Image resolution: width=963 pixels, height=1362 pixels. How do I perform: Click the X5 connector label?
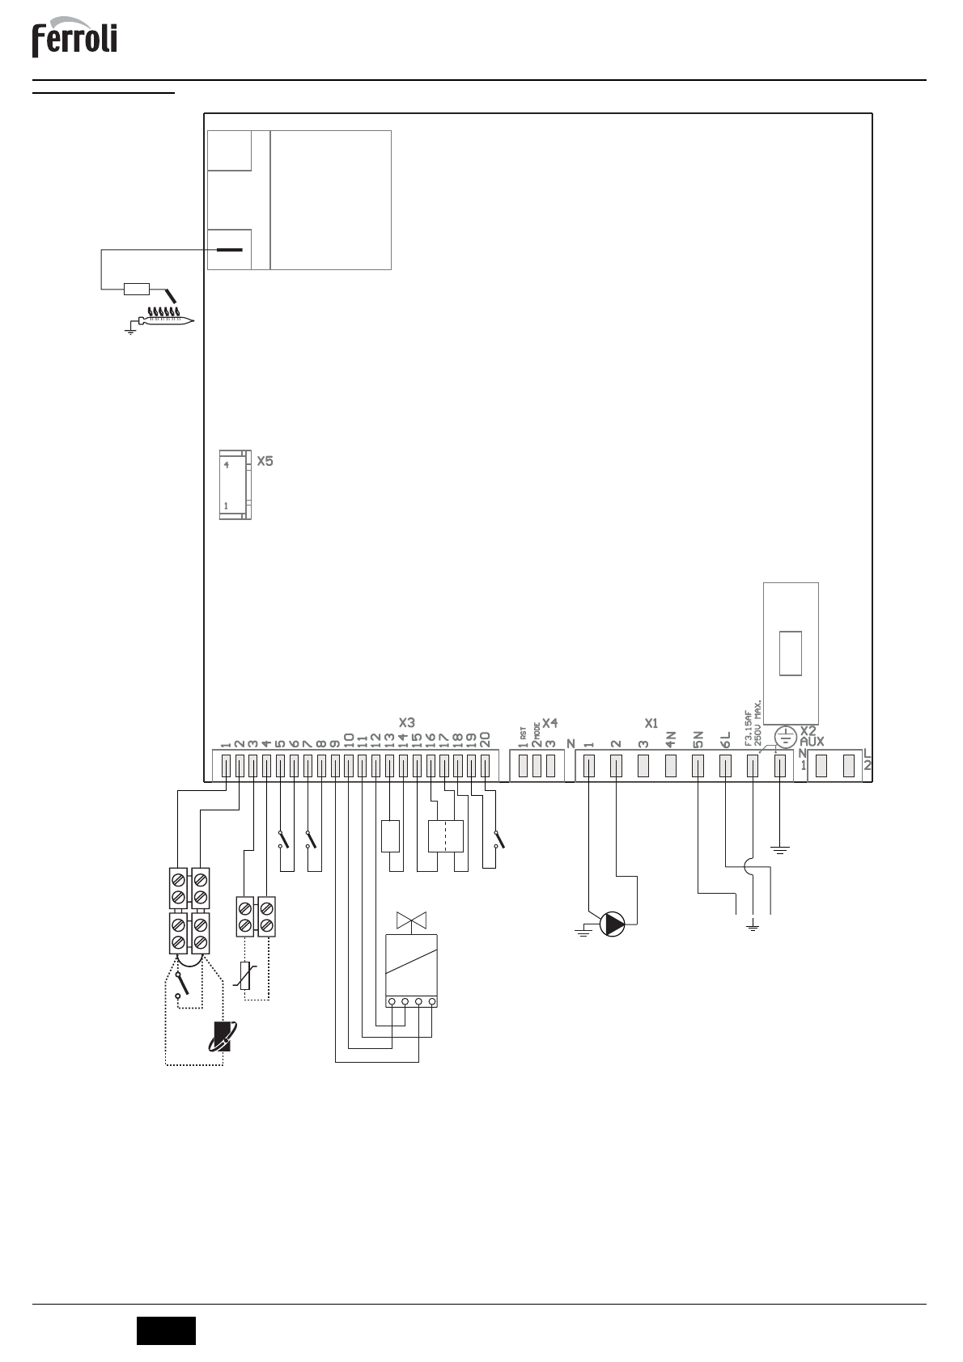[x=265, y=462]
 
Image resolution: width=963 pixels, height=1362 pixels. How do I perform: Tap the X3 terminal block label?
[x=407, y=721]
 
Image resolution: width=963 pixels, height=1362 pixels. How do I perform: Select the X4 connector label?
[x=550, y=721]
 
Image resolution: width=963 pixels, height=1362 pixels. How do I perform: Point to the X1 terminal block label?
[x=651, y=721]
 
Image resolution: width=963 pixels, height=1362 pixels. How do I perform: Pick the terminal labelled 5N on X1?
[x=698, y=765]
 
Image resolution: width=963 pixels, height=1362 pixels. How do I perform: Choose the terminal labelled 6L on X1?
[x=725, y=765]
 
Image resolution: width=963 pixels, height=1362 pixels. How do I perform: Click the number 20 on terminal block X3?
[x=485, y=739]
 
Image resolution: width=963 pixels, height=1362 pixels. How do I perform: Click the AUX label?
[x=811, y=741]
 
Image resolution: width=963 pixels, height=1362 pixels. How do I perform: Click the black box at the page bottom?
[x=166, y=1330]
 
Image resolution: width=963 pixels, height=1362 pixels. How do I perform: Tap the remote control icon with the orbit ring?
[x=220, y=1036]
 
